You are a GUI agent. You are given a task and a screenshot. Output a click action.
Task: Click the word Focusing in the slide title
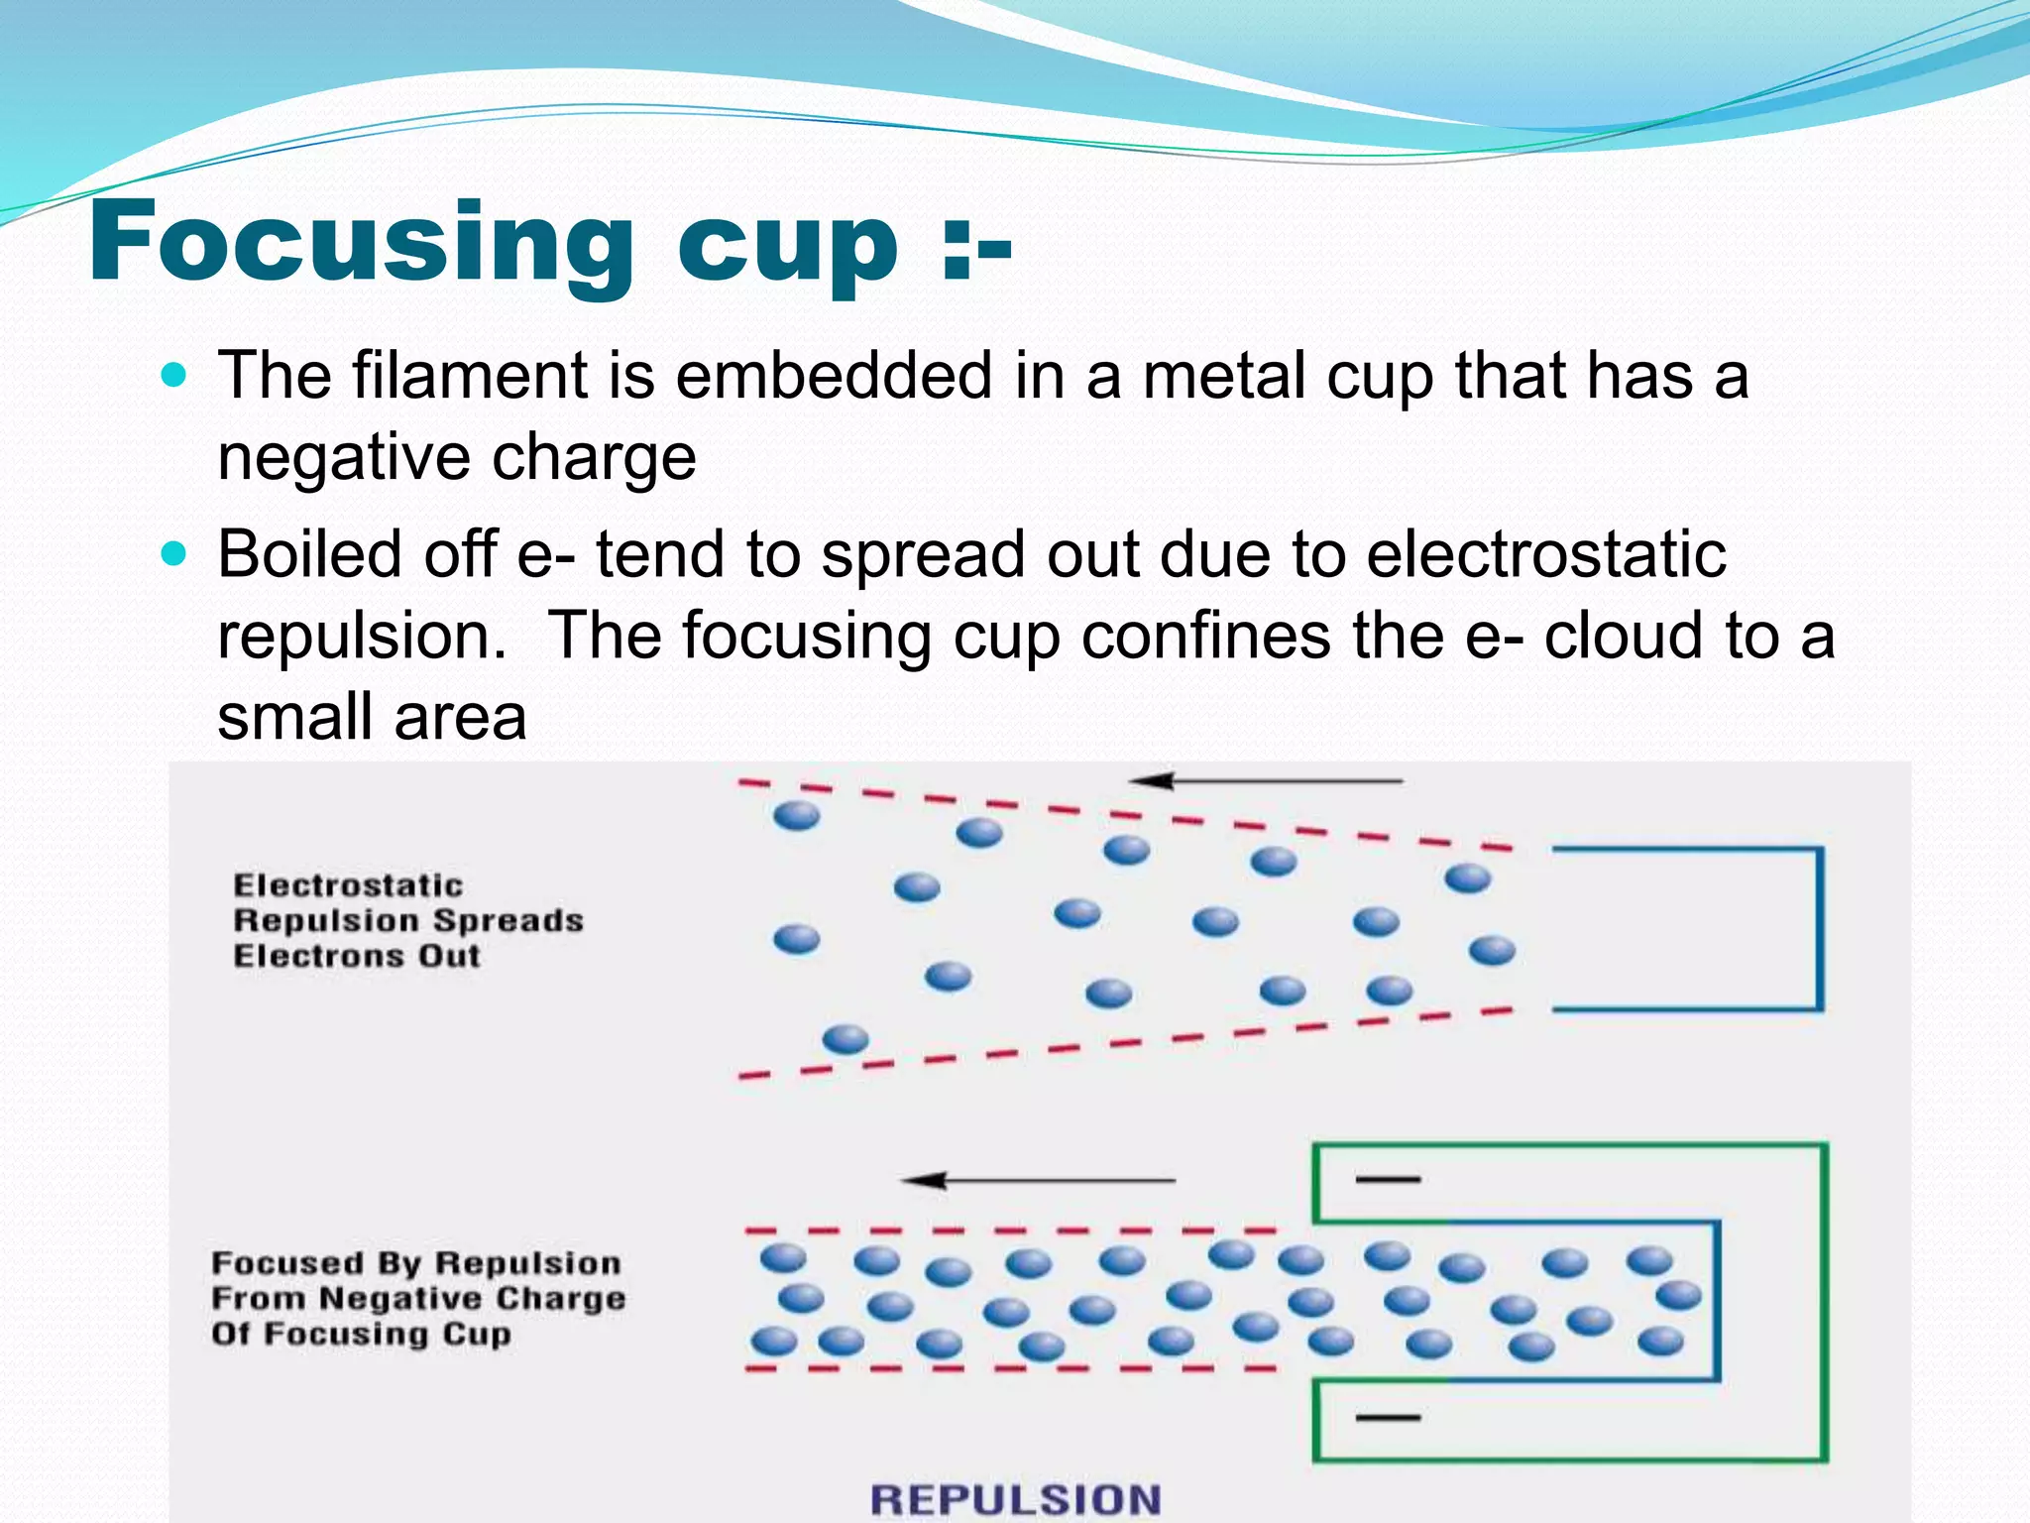pos(361,242)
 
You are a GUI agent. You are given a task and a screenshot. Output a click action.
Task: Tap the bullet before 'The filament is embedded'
pos(173,376)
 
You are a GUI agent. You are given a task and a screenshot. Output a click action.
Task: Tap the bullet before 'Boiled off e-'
pos(173,554)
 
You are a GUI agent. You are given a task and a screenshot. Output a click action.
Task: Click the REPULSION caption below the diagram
pos(1015,1499)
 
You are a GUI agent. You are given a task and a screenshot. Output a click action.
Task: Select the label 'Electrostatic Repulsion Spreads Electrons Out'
pos(407,920)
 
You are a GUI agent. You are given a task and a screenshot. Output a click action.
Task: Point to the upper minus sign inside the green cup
pos(1388,1180)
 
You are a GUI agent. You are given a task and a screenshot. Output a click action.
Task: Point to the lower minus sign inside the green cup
pos(1388,1418)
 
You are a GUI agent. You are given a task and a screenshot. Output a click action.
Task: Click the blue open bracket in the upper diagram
pos(1820,928)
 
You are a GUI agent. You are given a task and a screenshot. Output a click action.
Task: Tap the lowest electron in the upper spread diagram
pos(846,1039)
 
